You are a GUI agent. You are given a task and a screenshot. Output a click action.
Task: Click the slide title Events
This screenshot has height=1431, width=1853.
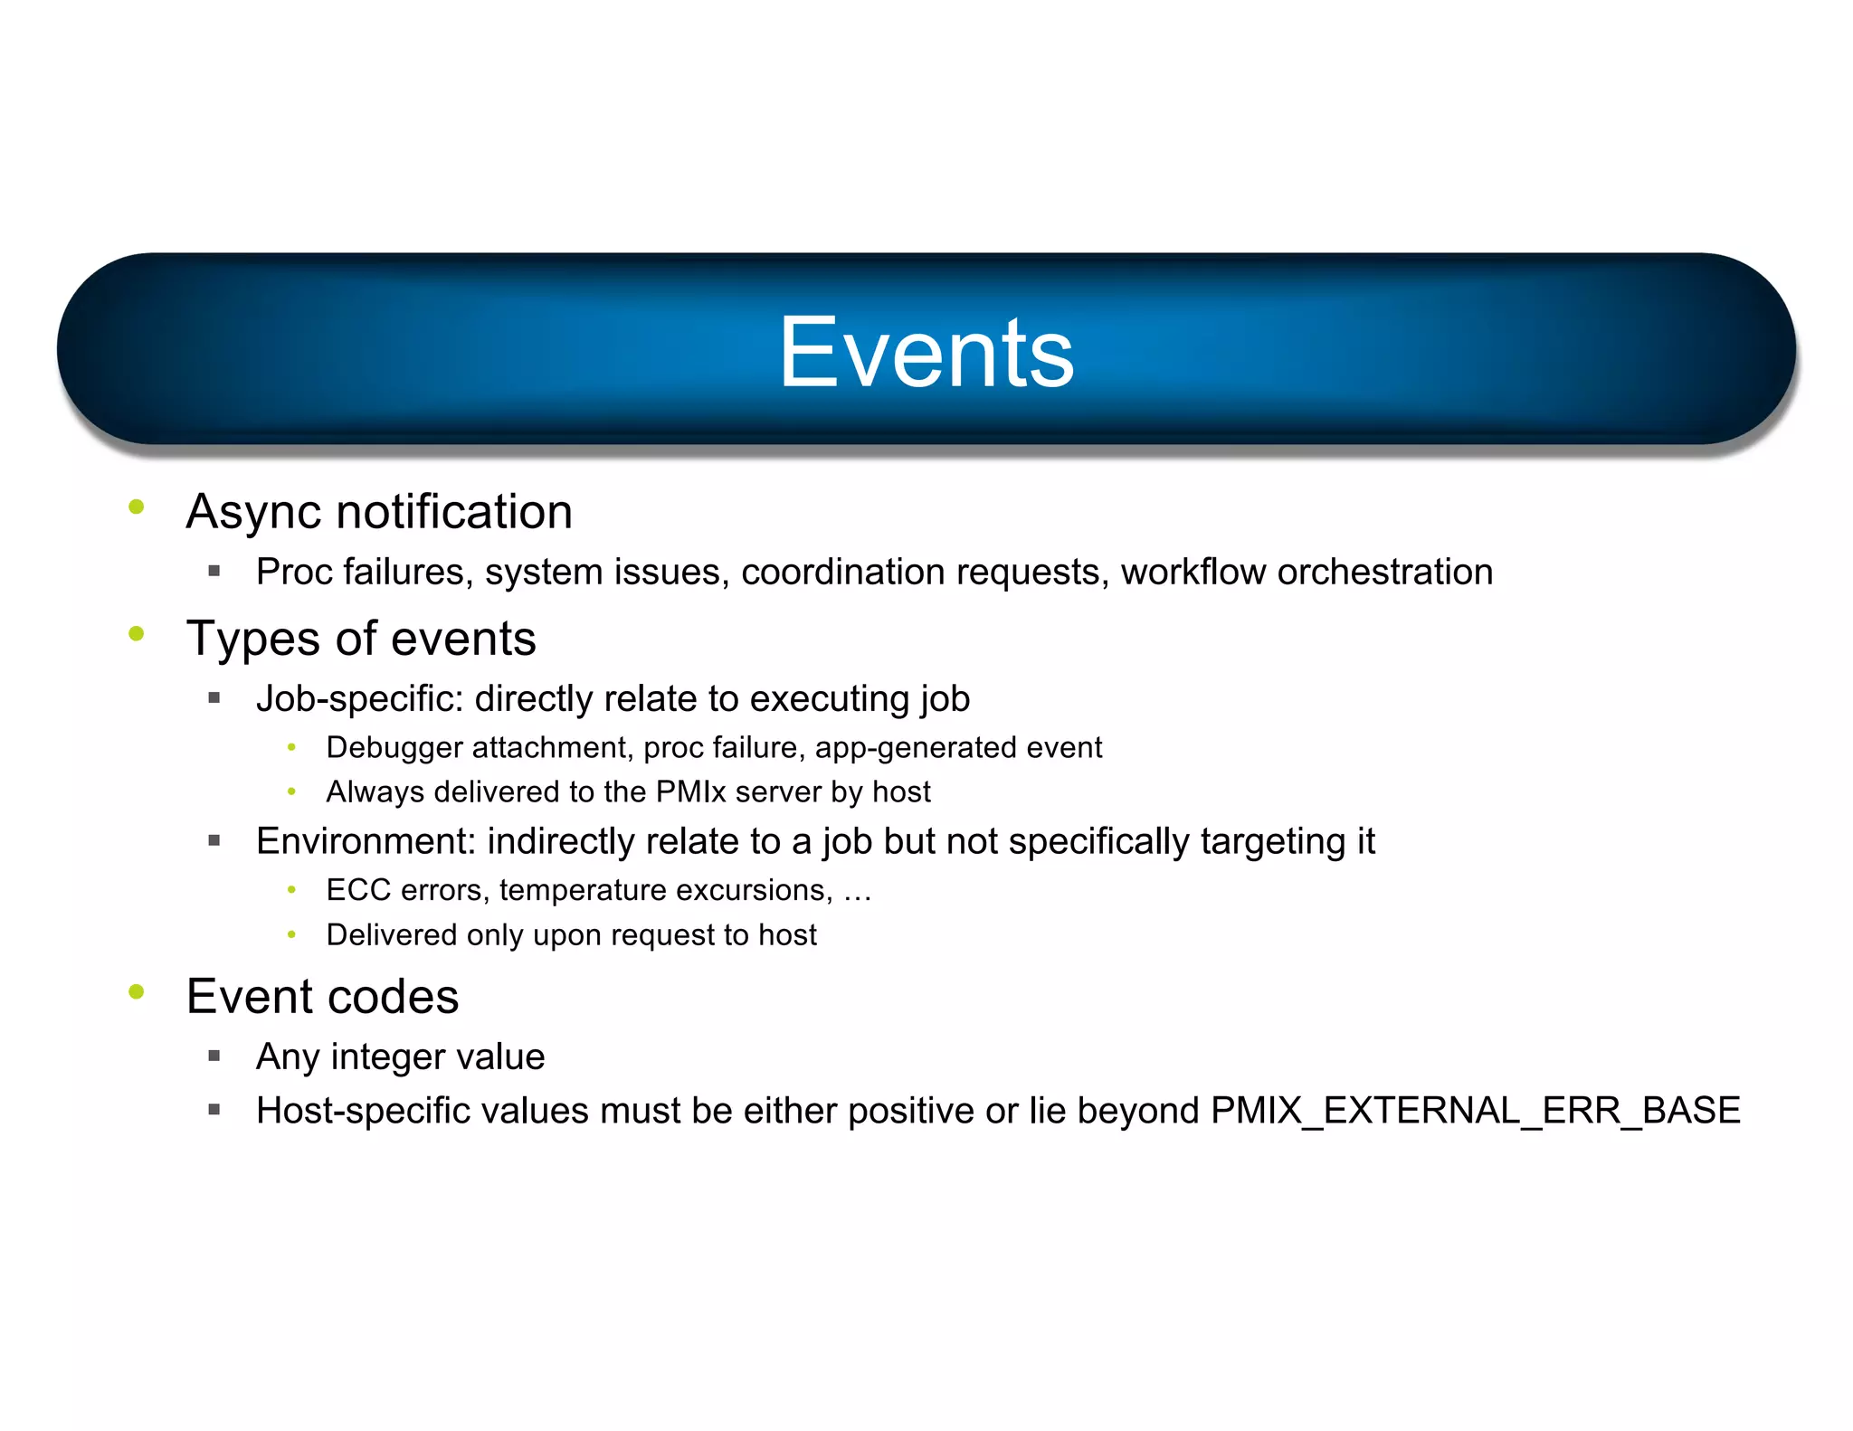[926, 353]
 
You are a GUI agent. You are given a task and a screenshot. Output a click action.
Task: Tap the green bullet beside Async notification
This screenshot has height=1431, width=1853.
[137, 507]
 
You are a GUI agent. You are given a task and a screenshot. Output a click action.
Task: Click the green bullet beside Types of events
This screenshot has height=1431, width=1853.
[137, 633]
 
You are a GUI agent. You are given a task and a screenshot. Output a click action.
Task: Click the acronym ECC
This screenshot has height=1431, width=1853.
[358, 890]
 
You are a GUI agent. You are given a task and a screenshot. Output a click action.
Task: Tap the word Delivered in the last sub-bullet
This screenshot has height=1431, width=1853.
[391, 934]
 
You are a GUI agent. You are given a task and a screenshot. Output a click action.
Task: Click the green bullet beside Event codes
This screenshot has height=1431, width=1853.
[137, 991]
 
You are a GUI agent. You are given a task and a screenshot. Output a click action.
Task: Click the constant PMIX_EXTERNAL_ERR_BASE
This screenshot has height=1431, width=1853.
[1475, 1111]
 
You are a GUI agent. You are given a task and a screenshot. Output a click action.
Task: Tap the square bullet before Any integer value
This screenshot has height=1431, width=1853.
[214, 1056]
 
